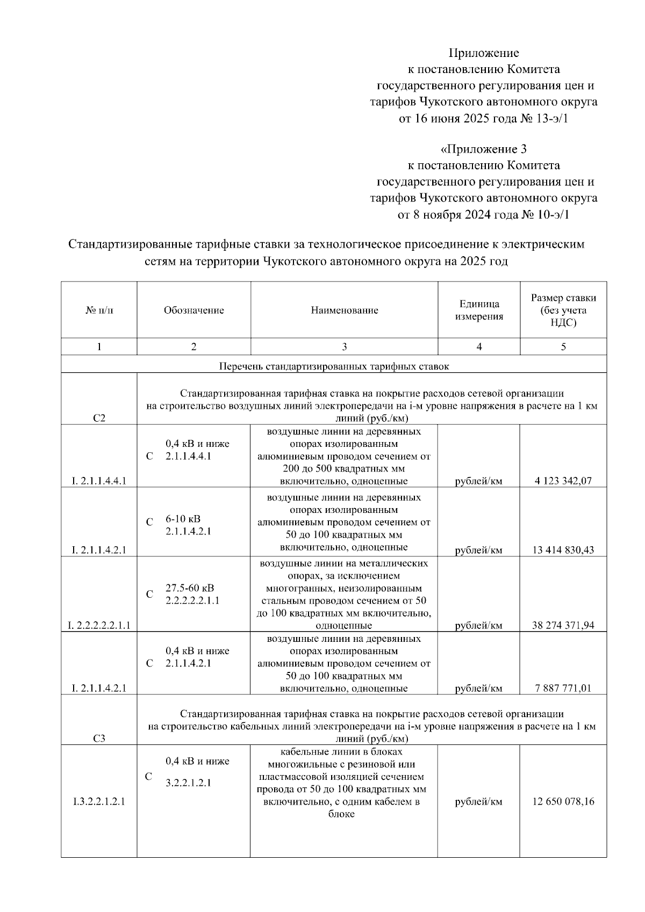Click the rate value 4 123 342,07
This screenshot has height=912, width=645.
pyautogui.click(x=563, y=481)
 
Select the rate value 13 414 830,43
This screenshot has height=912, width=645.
pyautogui.click(x=563, y=550)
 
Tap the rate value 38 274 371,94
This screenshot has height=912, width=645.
pyautogui.click(x=563, y=625)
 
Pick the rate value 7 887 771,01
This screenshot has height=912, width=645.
pyautogui.click(x=563, y=688)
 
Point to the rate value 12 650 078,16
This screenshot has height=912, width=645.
pyautogui.click(x=563, y=801)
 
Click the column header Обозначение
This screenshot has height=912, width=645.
pyautogui.click(x=193, y=310)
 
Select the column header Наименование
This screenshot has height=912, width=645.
pyautogui.click(x=344, y=310)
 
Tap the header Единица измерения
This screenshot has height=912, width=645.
pyautogui.click(x=479, y=310)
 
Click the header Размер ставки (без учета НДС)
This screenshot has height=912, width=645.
pyautogui.click(x=563, y=310)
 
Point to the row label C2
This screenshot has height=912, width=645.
pyautogui.click(x=99, y=418)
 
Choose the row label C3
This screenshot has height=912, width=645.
pyautogui.click(x=99, y=739)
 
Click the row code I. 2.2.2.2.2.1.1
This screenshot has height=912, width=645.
pyautogui.click(x=99, y=625)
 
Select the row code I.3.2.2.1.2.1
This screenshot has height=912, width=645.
pyautogui.click(x=99, y=801)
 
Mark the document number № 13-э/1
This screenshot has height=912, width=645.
pyautogui.click(x=544, y=118)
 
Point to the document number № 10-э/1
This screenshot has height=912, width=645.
pyautogui.click(x=544, y=215)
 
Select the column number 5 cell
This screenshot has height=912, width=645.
pyautogui.click(x=563, y=347)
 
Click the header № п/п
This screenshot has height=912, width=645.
pyautogui.click(x=99, y=310)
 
